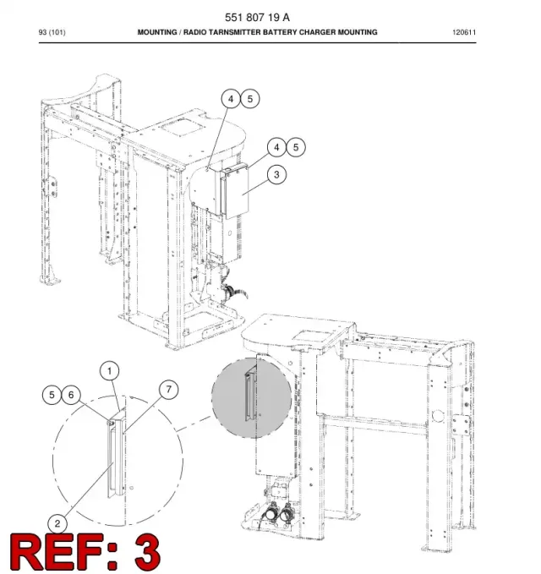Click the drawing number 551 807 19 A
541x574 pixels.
[x=257, y=17]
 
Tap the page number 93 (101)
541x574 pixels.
[x=52, y=32]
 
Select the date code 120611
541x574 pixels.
[x=464, y=32]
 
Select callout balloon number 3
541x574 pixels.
[x=276, y=175]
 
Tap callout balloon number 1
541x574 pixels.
[x=109, y=372]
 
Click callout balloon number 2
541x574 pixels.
[x=57, y=523]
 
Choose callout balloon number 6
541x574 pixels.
[x=71, y=395]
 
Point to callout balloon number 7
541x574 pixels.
[x=169, y=390]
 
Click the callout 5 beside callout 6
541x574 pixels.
[x=52, y=395]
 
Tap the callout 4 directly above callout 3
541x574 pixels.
[x=276, y=147]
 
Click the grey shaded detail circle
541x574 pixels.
[x=251, y=397]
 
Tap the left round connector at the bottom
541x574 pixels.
[x=271, y=513]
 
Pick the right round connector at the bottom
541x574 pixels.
[x=287, y=513]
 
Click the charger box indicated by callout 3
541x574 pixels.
[x=235, y=191]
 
